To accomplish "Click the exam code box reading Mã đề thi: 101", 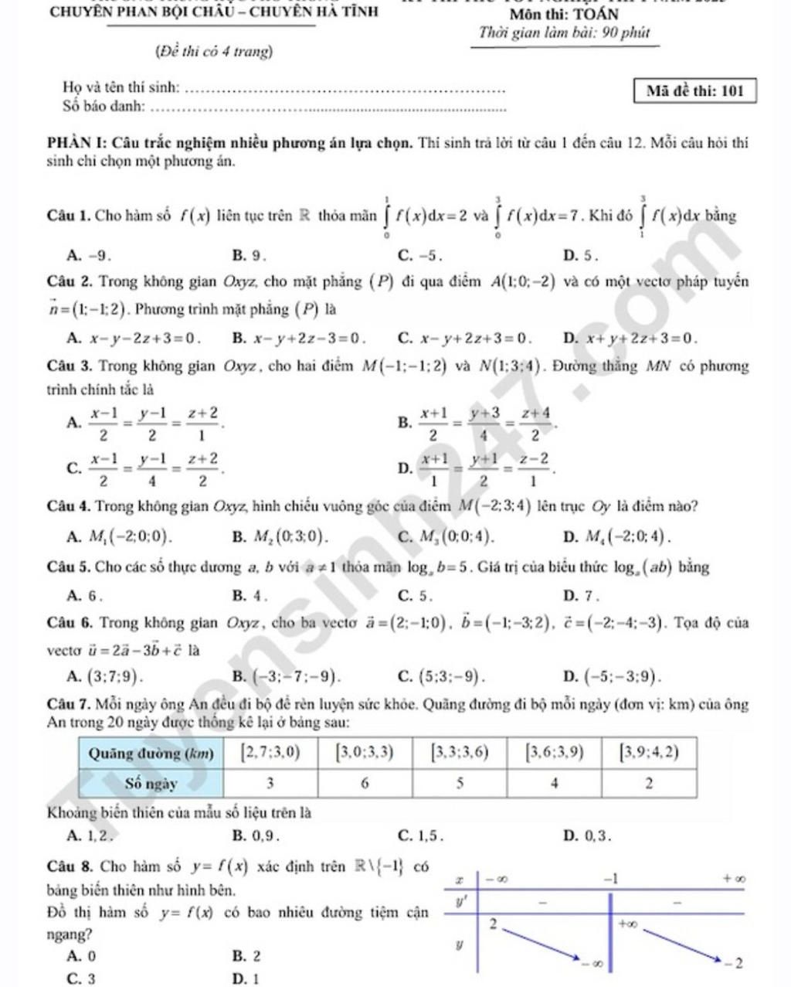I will pyautogui.click(x=694, y=91).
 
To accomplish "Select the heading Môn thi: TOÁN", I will pyautogui.click(x=564, y=15).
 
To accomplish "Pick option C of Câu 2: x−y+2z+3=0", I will pyautogui.click(x=466, y=337).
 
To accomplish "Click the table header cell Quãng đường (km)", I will pyautogui.click(x=151, y=751).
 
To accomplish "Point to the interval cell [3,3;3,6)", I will pyautogui.click(x=460, y=751).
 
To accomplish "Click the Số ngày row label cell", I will pyautogui.click(x=151, y=783).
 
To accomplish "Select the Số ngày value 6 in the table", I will pyautogui.click(x=365, y=783).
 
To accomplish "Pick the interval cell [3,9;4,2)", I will pyautogui.click(x=649, y=751).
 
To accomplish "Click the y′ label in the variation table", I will pyautogui.click(x=463, y=901).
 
